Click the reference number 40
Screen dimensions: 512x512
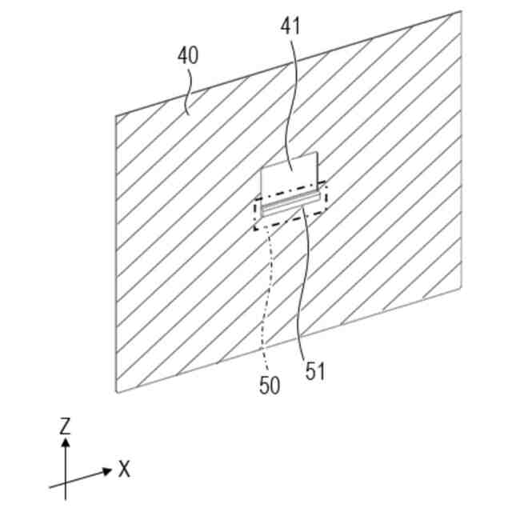[188, 56]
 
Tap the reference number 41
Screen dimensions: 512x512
[290, 26]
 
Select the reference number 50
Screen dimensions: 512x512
[270, 385]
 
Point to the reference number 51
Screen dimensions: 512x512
[316, 371]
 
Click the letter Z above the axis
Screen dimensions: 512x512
[66, 426]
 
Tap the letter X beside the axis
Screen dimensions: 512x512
[124, 470]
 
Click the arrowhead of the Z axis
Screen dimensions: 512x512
[66, 441]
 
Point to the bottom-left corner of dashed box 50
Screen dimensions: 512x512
[256, 230]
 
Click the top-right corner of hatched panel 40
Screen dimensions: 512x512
[462, 11]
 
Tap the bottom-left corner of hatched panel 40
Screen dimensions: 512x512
[117, 393]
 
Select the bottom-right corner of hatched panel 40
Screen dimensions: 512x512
[462, 287]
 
